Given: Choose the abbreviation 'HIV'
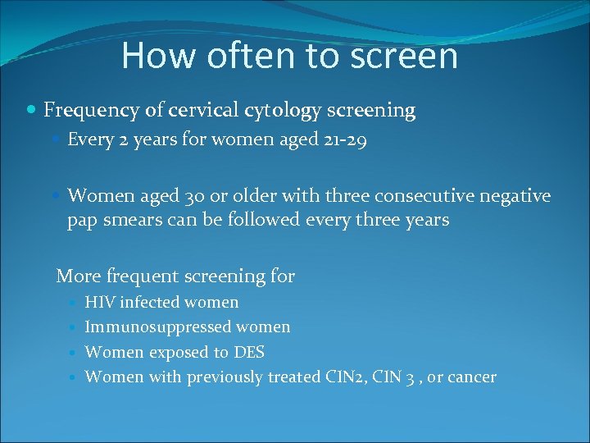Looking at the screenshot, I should [x=100, y=303].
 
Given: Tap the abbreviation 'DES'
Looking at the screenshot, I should [x=249, y=352].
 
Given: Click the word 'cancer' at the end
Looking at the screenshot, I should [x=470, y=377].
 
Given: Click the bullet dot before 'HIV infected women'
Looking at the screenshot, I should [x=75, y=303].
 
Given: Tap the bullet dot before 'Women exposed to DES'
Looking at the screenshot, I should [x=75, y=352].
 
